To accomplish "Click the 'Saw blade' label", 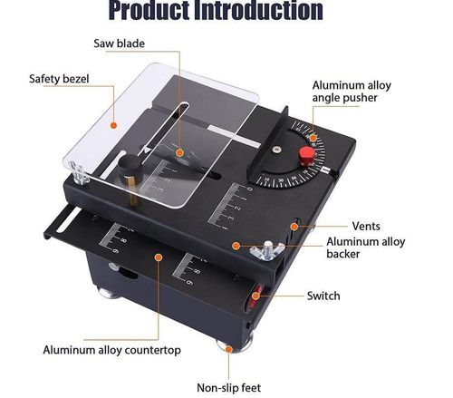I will pos(119,43).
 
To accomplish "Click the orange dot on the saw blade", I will pos(179,152).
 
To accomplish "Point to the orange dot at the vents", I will pos(295,225).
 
